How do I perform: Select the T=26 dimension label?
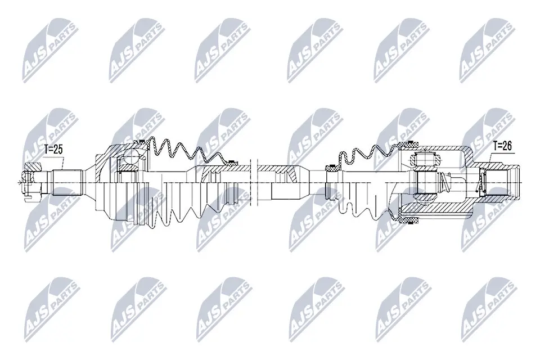[x=502, y=146]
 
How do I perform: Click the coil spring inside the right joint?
[x=446, y=181]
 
